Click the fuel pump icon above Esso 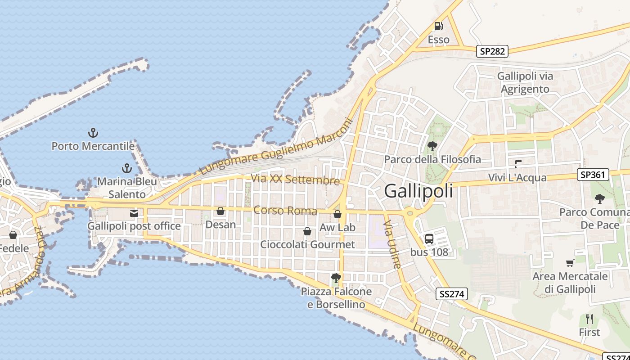(x=438, y=26)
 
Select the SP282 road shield (x=492, y=51)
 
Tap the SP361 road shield (x=593, y=175)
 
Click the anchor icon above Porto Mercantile (x=93, y=133)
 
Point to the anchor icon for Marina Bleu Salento (x=127, y=169)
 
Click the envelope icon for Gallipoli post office (x=134, y=213)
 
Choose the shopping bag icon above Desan (x=220, y=211)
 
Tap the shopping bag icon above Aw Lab (x=337, y=214)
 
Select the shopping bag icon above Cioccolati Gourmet (x=307, y=231)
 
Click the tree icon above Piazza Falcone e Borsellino (x=336, y=278)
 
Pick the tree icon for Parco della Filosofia (x=432, y=146)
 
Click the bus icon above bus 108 (x=429, y=238)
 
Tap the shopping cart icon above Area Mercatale (x=570, y=263)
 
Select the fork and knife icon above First (x=589, y=319)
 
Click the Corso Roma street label (x=285, y=210)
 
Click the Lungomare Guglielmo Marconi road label (x=275, y=147)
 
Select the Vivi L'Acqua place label (x=517, y=178)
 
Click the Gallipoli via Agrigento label (x=525, y=82)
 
